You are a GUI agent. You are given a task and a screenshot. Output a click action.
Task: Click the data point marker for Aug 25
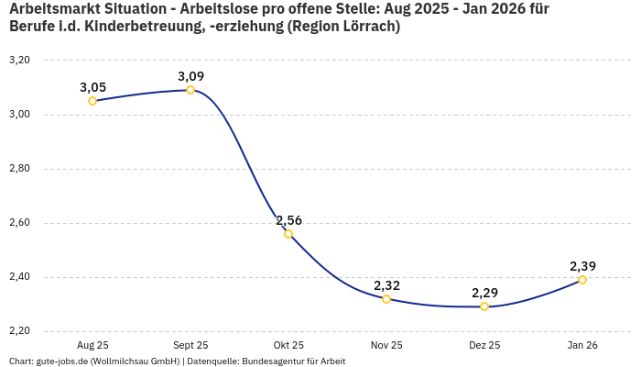92,101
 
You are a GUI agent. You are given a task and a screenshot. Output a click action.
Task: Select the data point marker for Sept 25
190,90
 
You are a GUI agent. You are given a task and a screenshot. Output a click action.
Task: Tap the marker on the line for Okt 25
288,234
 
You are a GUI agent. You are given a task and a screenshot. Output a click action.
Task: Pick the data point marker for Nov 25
386,299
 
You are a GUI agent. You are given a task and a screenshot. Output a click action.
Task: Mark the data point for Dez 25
484,306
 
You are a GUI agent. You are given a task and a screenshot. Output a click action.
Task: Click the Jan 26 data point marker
582,280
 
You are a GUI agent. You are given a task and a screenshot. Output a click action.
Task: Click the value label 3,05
92,87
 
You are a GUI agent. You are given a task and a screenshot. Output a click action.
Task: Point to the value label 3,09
190,76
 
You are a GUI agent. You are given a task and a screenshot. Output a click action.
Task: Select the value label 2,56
288,220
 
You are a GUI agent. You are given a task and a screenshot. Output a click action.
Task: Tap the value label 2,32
386,285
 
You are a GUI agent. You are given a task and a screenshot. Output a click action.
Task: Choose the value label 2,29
484,293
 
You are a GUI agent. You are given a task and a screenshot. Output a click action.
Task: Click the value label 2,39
582,266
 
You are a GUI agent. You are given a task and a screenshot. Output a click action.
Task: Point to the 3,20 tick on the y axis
19,60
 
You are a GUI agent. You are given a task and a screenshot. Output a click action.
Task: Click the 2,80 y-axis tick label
19,169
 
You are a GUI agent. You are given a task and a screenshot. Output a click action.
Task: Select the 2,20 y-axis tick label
19,330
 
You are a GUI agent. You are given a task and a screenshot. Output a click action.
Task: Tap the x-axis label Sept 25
190,345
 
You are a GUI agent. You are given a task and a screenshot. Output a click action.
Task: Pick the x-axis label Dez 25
484,345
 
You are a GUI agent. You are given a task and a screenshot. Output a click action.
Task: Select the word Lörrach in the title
366,27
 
